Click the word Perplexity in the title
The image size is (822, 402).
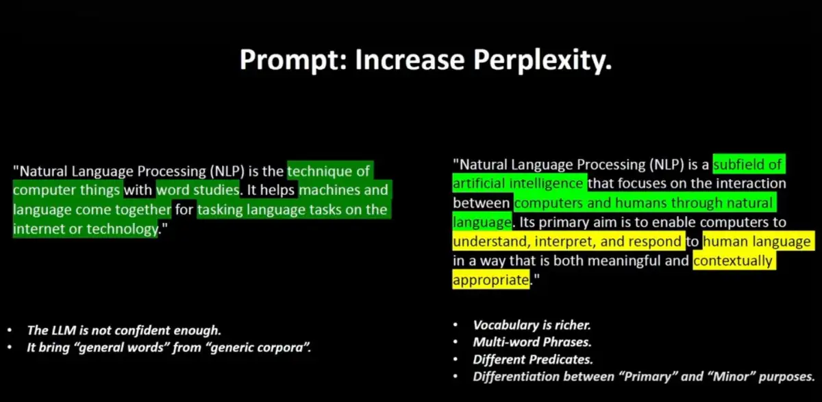[543, 60]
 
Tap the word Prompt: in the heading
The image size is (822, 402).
[294, 60]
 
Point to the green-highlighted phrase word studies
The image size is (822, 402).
[198, 190]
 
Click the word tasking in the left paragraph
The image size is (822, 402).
[220, 210]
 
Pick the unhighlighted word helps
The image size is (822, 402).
[277, 190]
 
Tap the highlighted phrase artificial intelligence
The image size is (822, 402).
[518, 183]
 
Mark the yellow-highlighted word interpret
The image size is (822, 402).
[566, 241]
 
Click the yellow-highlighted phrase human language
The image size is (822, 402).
[757, 241]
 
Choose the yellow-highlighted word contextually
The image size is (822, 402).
[733, 261]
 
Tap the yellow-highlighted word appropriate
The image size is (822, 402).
[491, 280]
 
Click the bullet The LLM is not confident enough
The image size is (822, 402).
[124, 331]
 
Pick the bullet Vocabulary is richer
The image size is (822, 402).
[532, 325]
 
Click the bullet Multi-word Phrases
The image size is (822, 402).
[532, 342]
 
